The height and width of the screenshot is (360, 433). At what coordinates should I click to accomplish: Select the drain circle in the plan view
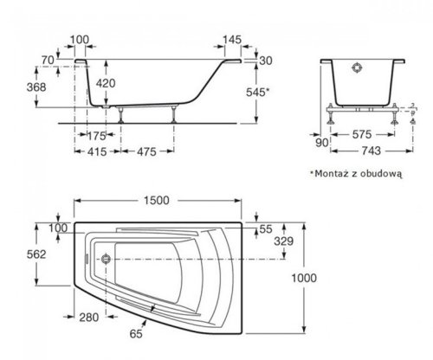click(x=105, y=257)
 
